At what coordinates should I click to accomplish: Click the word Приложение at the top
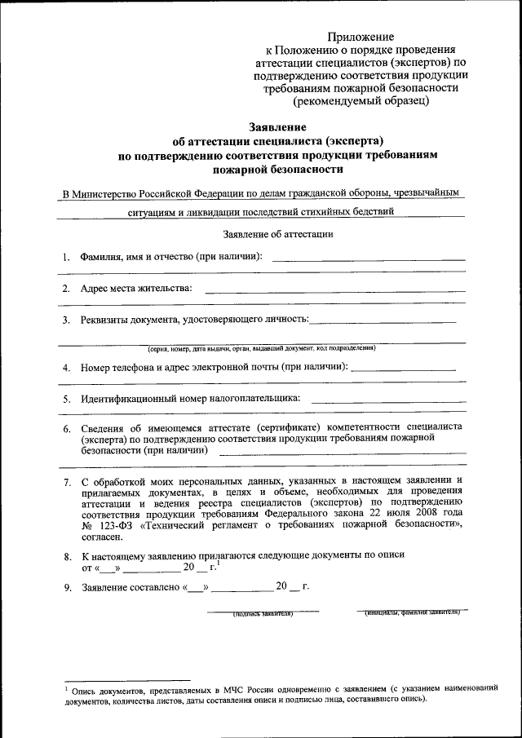coord(361,37)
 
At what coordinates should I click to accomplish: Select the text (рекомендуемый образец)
coord(361,102)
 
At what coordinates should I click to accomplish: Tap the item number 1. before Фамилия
coord(66,257)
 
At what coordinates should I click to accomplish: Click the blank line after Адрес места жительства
coord(334,290)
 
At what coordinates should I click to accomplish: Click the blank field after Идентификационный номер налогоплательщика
coord(388,400)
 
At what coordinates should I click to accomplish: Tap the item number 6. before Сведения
coord(66,428)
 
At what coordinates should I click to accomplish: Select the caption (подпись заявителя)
coord(262,613)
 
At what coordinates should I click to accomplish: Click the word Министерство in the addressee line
coord(113,195)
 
